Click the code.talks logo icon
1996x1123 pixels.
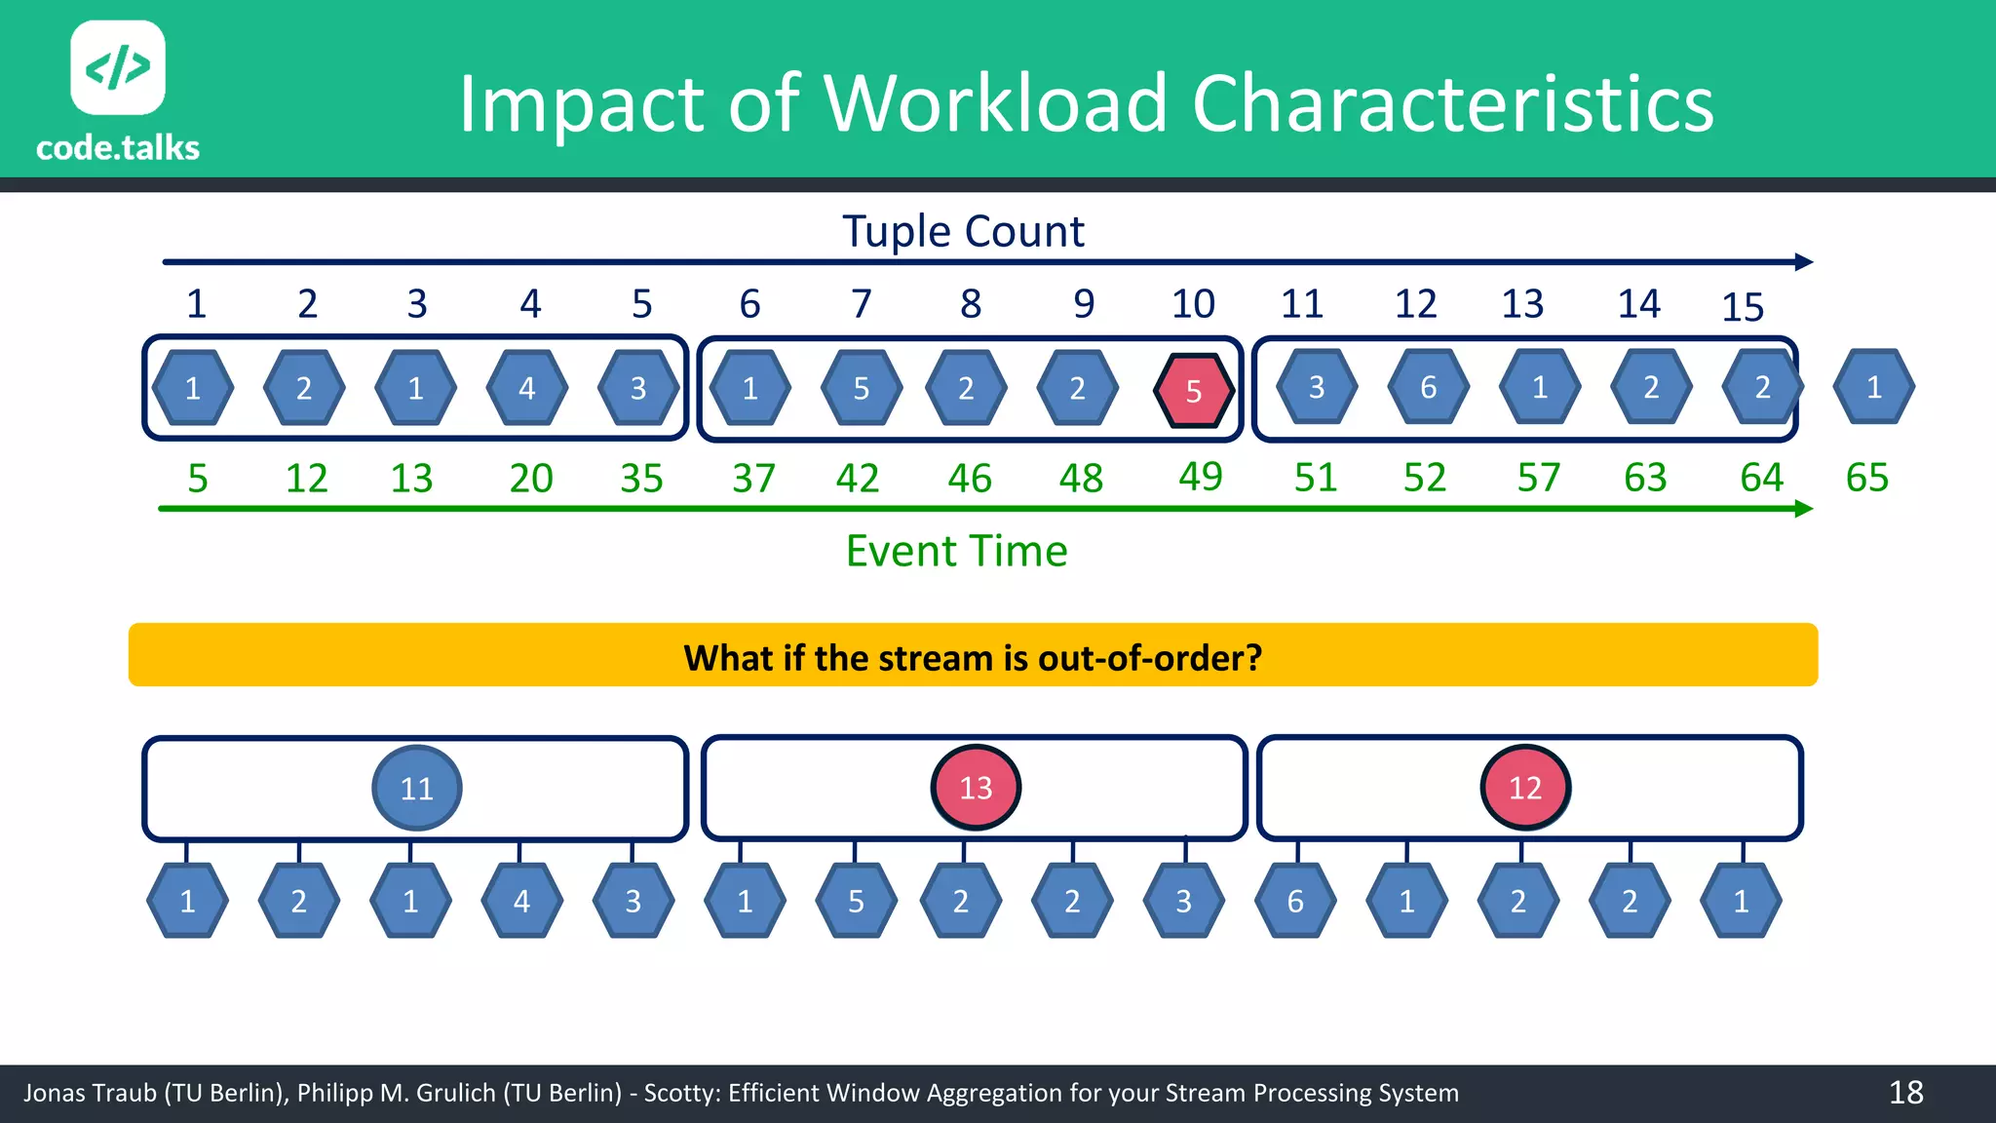pos(118,67)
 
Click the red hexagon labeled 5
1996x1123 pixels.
pos(1193,391)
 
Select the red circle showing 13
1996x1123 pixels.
pos(976,788)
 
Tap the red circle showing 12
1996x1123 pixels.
pos(1524,788)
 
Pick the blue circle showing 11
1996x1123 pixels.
pos(417,788)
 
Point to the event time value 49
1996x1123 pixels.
pos(1200,477)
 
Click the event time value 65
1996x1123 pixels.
pos(1866,478)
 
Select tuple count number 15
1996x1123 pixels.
pos(1743,307)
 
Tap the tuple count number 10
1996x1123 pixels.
pos(1193,304)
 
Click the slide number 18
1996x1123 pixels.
pos(1905,1093)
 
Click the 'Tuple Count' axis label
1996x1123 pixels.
pos(963,232)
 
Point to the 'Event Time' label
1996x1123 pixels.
pos(956,551)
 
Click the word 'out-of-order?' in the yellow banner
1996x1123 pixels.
pos(1150,658)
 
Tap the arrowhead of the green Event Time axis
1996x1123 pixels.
pos(1803,509)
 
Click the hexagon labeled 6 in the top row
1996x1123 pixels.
pos(1428,387)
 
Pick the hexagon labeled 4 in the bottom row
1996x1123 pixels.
pos(521,901)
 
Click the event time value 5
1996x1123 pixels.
pos(198,479)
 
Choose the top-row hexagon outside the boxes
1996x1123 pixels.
pos(1873,387)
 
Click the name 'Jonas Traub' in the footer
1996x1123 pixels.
pos(89,1093)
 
